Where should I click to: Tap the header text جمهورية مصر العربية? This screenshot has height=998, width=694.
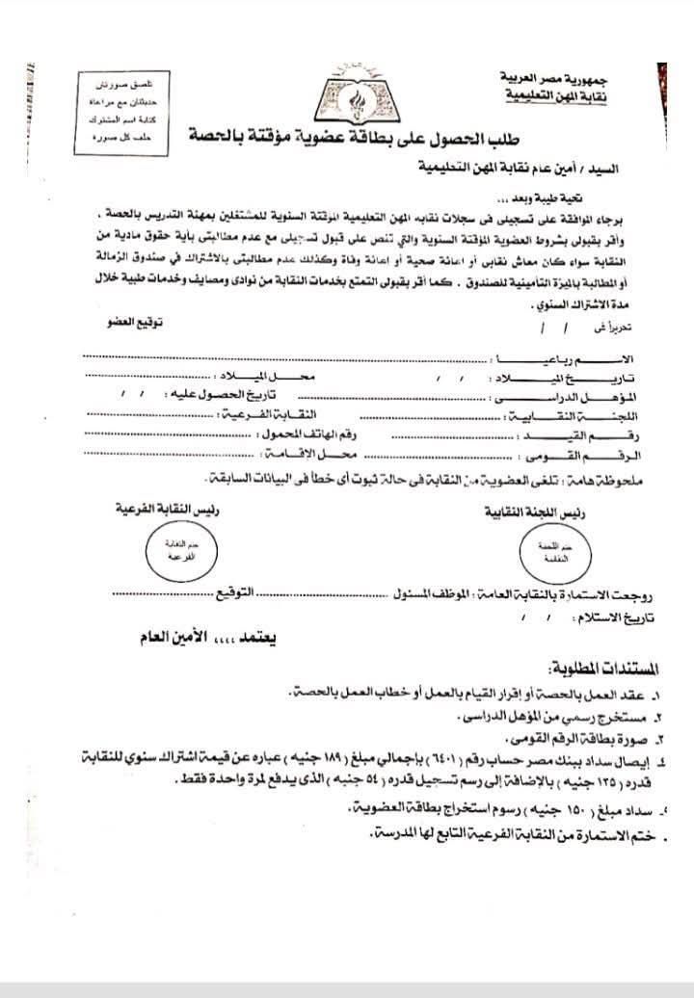click(x=548, y=76)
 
